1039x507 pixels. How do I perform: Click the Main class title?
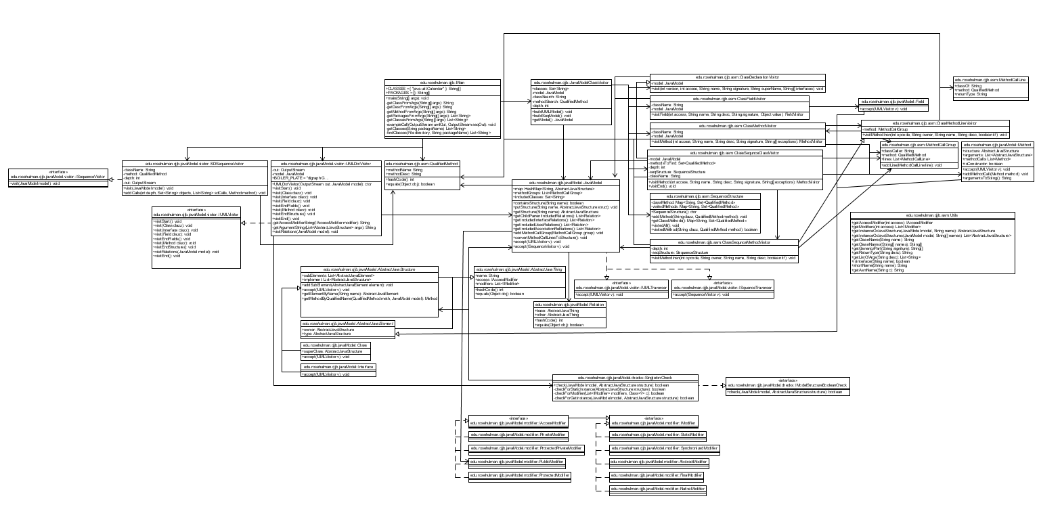441,83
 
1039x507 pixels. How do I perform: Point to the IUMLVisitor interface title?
196,213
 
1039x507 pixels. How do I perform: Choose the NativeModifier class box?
658,489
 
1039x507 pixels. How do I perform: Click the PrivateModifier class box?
518,435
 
